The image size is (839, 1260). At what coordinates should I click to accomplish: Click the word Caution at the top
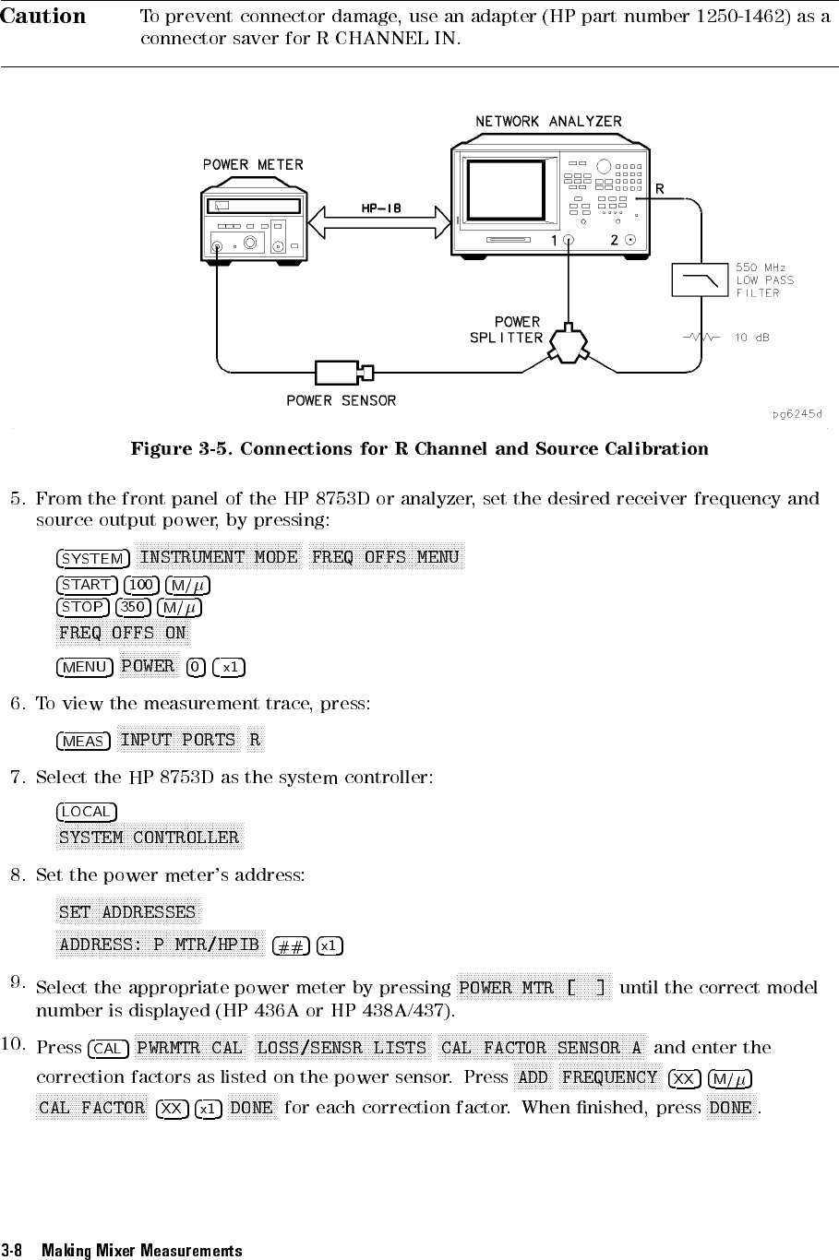pyautogui.click(x=42, y=18)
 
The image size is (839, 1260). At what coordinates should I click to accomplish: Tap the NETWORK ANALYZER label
pyautogui.click(x=548, y=122)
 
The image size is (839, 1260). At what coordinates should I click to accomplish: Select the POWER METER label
pyautogui.click(x=253, y=165)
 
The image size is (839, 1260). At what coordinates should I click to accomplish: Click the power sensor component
pyautogui.click(x=344, y=373)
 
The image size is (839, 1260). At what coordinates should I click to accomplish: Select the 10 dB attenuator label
pyautogui.click(x=753, y=338)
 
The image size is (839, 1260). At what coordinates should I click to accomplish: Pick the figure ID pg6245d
pyautogui.click(x=797, y=413)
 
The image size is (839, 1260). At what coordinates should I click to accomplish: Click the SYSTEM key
pyautogui.click(x=92, y=558)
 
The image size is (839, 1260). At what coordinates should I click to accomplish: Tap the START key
pyautogui.click(x=87, y=585)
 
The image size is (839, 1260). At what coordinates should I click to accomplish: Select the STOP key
pyautogui.click(x=83, y=607)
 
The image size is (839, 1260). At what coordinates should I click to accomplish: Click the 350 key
pyautogui.click(x=135, y=607)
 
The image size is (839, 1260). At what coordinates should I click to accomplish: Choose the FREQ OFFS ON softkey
pyautogui.click(x=123, y=633)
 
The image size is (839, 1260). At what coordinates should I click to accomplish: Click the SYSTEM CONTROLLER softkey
pyautogui.click(x=150, y=838)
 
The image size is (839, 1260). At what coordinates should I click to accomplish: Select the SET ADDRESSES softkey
pyautogui.click(x=127, y=913)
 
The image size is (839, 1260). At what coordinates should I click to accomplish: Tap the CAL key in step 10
pyautogui.click(x=107, y=1049)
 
